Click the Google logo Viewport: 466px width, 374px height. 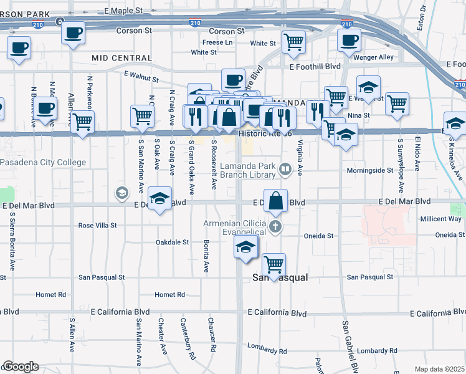click(21, 367)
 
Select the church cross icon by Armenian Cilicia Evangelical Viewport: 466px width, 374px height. click(274, 225)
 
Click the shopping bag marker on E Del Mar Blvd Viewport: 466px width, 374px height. click(275, 201)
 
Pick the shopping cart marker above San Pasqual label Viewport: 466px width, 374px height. click(273, 264)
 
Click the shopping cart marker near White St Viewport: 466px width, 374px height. click(293, 42)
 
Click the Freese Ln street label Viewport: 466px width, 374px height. click(217, 42)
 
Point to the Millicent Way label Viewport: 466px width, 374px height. click(440, 219)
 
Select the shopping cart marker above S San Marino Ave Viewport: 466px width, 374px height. click(142, 116)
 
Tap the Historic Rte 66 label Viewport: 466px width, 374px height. click(265, 132)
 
